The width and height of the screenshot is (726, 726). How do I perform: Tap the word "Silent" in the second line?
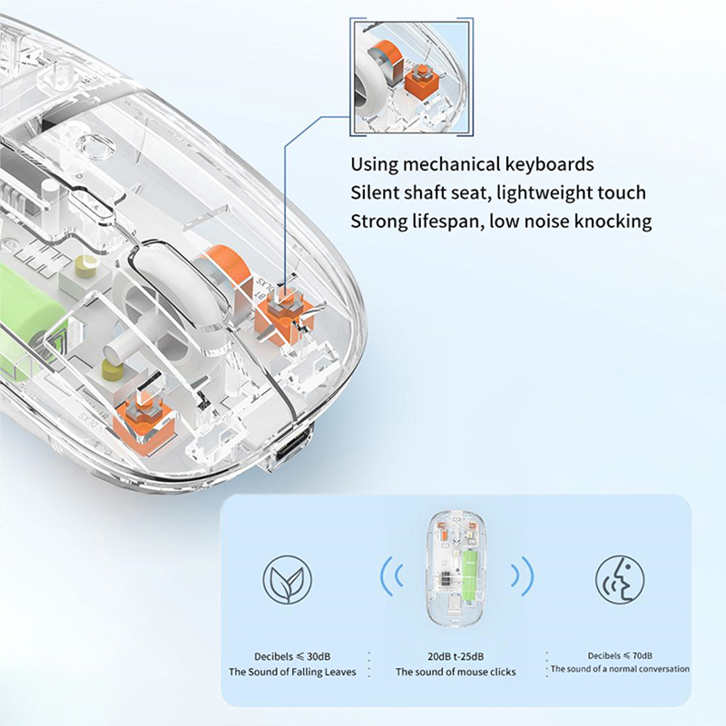pyautogui.click(x=375, y=192)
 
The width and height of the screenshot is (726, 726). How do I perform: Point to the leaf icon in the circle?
pyautogui.click(x=287, y=579)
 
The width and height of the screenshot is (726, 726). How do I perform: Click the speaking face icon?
pyautogui.click(x=620, y=579)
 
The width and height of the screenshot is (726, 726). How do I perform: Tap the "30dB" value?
pyautogui.click(x=319, y=656)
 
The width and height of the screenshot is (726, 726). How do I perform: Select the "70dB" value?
pyautogui.click(x=642, y=655)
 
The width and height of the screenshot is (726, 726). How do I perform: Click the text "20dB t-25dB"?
pyautogui.click(x=456, y=656)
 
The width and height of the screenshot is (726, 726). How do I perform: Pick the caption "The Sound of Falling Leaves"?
pyautogui.click(x=292, y=672)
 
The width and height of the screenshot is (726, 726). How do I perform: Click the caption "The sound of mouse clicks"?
pyautogui.click(x=456, y=672)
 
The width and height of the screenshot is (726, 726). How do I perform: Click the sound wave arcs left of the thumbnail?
pyautogui.click(x=392, y=576)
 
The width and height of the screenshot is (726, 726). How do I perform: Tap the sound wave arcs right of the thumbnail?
pyautogui.click(x=523, y=576)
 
